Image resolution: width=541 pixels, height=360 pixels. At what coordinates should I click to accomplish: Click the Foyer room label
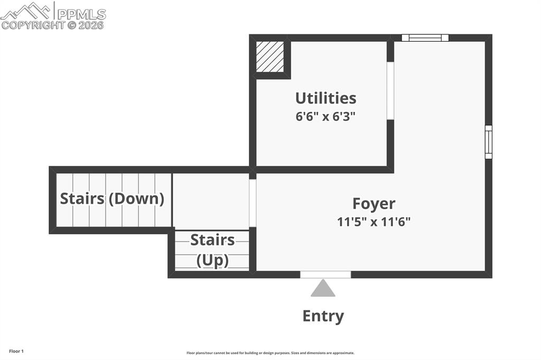point(374,204)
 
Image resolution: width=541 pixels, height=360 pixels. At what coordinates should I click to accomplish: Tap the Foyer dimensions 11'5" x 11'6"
point(374,222)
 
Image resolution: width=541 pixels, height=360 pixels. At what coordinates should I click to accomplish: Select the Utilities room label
point(325,98)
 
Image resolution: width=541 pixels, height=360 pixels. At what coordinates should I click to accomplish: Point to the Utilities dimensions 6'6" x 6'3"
point(325,116)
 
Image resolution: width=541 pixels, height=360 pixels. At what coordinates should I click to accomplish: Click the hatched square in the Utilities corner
point(270,56)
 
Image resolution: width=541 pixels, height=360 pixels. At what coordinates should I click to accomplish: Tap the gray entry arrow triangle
point(323,289)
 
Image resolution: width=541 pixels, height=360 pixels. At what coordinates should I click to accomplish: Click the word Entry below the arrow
point(323,316)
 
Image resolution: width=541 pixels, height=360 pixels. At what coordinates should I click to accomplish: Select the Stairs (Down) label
point(112,199)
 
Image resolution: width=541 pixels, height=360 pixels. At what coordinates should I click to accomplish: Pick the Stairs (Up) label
point(212,250)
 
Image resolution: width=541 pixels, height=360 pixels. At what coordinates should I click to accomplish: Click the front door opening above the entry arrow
point(325,274)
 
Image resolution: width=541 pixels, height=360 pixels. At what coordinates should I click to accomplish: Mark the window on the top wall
point(425,38)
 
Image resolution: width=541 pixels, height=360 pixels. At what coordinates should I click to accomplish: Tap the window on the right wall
point(488,142)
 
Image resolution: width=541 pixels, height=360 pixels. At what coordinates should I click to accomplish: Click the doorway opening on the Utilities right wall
point(390,91)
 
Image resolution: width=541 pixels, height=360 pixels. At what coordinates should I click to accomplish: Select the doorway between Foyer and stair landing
point(253,203)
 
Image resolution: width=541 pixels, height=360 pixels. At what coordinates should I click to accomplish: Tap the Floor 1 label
point(16,351)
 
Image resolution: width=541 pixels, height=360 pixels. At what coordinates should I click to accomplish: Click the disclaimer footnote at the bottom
point(270,353)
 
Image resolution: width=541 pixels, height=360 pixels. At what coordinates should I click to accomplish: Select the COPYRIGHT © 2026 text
point(52,25)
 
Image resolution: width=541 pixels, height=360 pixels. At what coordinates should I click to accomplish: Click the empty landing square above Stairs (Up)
point(211,201)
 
